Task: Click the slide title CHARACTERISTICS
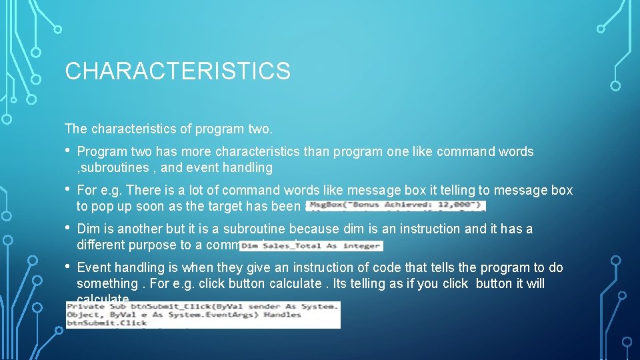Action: (x=177, y=71)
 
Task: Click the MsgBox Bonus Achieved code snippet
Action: (x=396, y=206)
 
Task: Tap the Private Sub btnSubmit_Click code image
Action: (x=203, y=315)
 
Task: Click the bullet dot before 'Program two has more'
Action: (x=69, y=151)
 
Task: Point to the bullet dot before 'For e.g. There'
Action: (x=69, y=190)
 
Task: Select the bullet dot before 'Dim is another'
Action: (x=69, y=229)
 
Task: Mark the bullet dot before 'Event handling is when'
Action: (x=69, y=267)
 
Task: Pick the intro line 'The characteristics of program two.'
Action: (x=169, y=128)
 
